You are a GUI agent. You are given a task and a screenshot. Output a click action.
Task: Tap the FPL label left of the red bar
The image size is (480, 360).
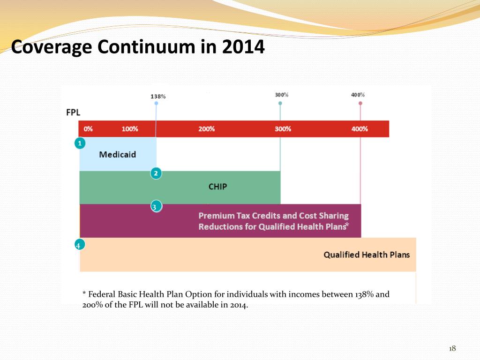[73, 112]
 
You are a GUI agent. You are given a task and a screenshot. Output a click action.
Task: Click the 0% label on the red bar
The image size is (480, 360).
[88, 129]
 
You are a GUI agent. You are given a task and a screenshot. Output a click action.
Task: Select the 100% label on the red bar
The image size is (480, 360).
[130, 129]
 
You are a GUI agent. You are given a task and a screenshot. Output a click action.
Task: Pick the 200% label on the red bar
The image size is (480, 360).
[206, 129]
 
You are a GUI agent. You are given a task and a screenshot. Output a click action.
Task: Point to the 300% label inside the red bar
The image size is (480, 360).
[283, 129]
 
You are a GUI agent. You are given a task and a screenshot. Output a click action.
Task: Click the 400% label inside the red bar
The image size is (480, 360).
[360, 129]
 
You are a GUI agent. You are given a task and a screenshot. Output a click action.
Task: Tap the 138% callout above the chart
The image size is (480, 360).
[158, 96]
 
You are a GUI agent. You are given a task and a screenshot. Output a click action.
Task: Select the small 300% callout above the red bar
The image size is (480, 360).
[281, 95]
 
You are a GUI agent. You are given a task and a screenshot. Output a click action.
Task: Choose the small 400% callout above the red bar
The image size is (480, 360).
[358, 95]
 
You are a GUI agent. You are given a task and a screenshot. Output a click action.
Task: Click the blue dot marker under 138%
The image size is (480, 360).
[156, 103]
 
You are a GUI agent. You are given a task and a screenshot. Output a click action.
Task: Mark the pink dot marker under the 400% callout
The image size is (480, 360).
[360, 103]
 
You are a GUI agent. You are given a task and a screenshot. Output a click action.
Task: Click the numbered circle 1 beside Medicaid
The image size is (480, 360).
[80, 143]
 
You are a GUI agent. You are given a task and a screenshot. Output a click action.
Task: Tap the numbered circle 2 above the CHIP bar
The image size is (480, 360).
[156, 173]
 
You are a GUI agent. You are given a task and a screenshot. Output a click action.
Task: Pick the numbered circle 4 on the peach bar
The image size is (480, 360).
[79, 245]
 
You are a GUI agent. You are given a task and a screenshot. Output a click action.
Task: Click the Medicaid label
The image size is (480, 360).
[118, 155]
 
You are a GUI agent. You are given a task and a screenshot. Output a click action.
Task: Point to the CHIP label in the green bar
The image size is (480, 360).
[217, 187]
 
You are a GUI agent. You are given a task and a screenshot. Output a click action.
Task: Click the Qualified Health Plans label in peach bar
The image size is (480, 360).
[367, 255]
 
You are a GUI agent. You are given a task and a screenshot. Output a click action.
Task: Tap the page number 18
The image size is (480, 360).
[452, 348]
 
